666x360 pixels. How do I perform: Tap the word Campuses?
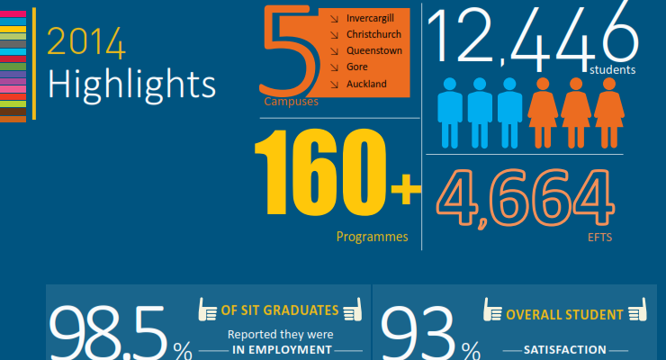tap(291, 103)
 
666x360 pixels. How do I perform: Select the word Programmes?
tap(372, 238)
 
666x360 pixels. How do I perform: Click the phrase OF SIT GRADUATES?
tap(280, 311)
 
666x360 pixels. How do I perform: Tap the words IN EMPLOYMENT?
tap(283, 351)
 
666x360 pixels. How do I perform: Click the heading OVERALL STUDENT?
tap(564, 315)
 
